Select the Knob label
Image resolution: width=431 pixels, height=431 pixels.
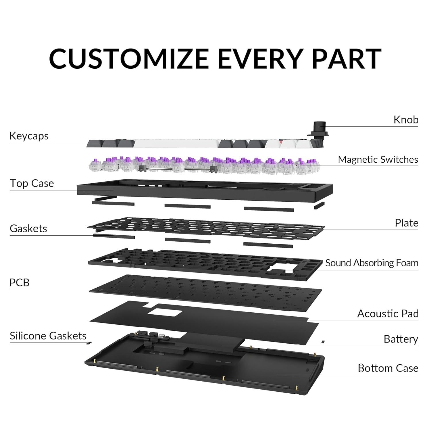point(406,120)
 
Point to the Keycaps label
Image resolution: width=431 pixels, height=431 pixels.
point(29,136)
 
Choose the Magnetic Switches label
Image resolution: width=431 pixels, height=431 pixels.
point(378,159)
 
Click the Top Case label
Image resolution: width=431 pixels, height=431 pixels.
point(32,183)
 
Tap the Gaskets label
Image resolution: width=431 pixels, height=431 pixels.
point(28,228)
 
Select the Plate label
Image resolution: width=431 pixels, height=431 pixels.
point(406,223)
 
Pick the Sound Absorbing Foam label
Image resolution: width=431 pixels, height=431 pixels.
point(372,263)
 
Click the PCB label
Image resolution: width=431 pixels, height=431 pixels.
point(20,282)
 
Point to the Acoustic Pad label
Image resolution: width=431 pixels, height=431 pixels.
point(388,313)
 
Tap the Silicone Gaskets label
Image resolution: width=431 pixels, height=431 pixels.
point(48,336)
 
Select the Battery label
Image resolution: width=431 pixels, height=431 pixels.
point(401,339)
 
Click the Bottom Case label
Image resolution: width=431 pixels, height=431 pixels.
point(388,368)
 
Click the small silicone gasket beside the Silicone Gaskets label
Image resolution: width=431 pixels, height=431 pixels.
point(89,343)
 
